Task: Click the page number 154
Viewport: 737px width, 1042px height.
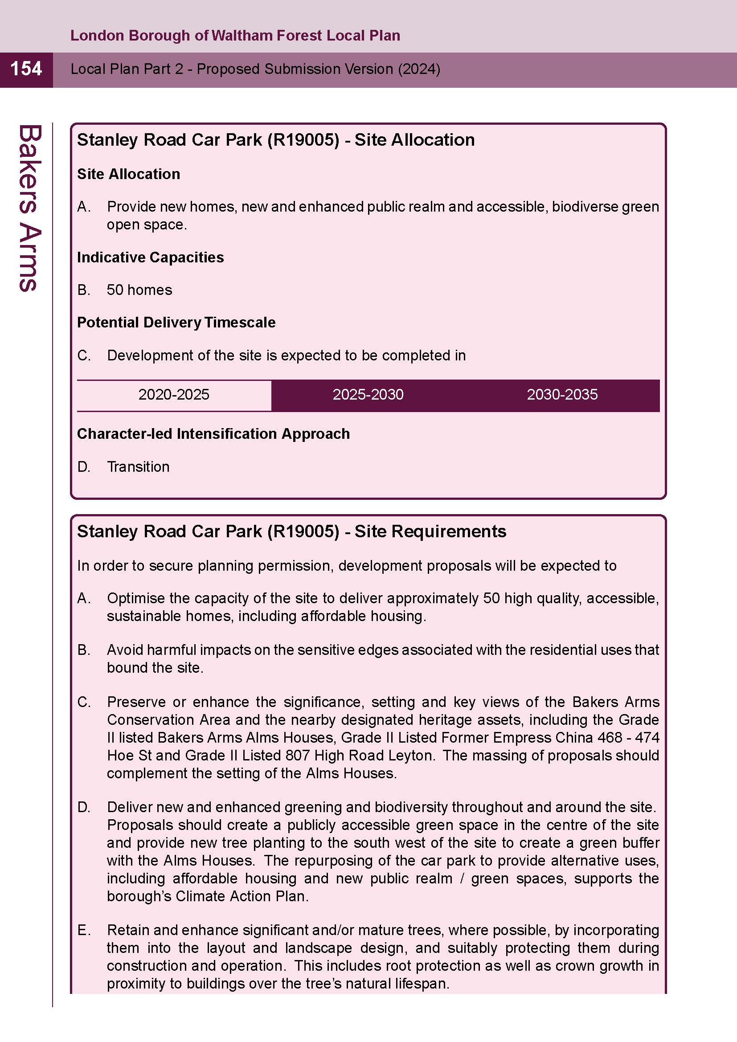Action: (26, 69)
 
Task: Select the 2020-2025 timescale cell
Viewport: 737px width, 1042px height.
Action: (174, 395)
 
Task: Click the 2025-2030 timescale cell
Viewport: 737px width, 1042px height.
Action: (368, 395)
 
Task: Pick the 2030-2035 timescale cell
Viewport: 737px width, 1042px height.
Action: (562, 395)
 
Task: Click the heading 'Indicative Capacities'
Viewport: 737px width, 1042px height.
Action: (150, 257)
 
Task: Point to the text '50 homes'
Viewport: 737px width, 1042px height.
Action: (139, 290)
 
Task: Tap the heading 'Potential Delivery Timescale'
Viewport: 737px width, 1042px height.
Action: (176, 323)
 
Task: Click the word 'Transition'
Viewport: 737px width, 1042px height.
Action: (138, 467)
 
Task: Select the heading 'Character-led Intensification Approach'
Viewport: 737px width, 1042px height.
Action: (213, 434)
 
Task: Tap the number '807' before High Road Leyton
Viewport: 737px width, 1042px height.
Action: (298, 756)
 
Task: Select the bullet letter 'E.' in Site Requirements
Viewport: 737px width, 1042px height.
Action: (84, 930)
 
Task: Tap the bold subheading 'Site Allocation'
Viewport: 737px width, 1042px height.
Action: (128, 174)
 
